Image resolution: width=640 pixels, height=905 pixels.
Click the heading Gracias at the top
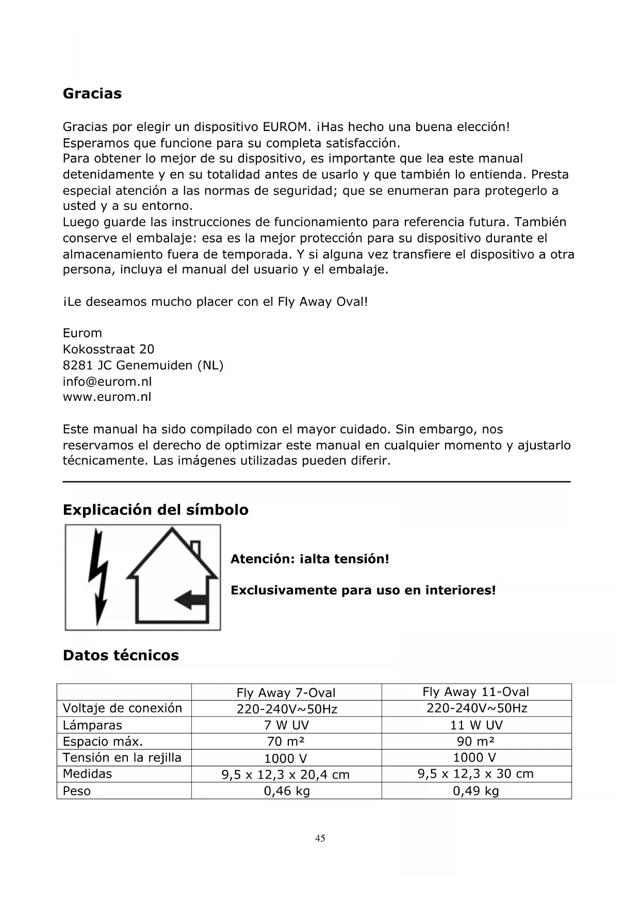[92, 93]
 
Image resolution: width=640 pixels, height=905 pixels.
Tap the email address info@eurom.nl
[107, 381]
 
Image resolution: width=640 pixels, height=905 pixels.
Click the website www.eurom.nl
[107, 397]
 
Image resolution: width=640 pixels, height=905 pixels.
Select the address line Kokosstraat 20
[108, 349]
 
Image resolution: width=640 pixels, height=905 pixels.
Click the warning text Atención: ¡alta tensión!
[309, 559]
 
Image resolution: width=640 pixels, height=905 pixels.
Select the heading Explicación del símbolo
[155, 510]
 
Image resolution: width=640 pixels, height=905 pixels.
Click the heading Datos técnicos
[121, 655]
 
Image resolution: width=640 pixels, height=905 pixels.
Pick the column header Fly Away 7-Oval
[286, 692]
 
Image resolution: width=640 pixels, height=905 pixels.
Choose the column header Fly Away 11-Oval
[475, 692]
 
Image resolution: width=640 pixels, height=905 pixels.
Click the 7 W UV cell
[286, 725]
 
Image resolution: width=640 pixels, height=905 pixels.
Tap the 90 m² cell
[475, 741]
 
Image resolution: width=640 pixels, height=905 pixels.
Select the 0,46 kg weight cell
[287, 790]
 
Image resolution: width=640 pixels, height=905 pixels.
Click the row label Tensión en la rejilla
[122, 757]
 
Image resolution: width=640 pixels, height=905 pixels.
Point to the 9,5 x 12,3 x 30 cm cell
[475, 773]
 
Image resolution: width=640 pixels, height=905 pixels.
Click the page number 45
[320, 838]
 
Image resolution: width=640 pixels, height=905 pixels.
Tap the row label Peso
[76, 790]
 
